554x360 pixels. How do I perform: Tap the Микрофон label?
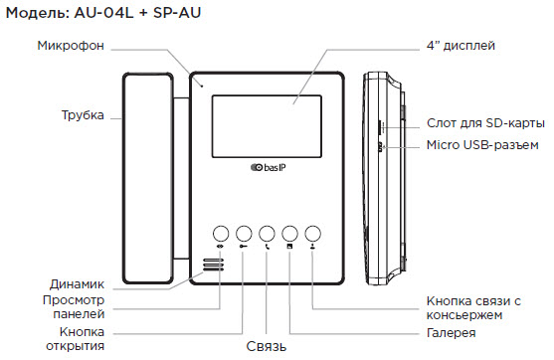pos(71,46)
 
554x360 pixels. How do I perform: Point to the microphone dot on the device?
pos(202,86)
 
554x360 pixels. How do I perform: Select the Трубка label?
pos(83,115)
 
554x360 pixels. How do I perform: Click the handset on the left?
pos(148,178)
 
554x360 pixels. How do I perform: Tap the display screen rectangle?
pos(267,126)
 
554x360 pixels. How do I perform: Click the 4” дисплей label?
pos(461,46)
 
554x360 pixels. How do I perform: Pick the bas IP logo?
pos(269,167)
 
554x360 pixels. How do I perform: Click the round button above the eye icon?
pos(221,234)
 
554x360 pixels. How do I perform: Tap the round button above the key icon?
pos(244,234)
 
